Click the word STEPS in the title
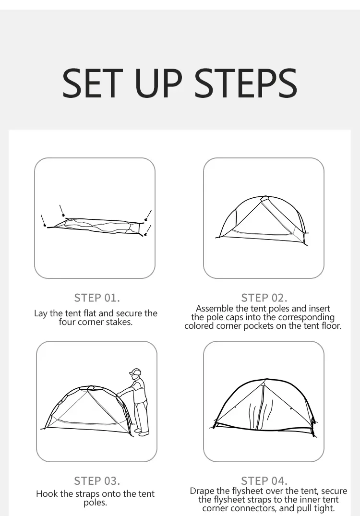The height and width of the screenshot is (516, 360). [x=246, y=83]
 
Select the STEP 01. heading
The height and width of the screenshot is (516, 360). [x=97, y=298]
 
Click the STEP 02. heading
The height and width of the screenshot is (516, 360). [x=264, y=298]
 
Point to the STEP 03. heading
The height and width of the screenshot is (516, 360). [x=97, y=481]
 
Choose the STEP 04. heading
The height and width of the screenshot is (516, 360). [x=264, y=481]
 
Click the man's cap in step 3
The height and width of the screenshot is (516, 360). [x=135, y=372]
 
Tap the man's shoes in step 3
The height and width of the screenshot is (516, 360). [x=144, y=432]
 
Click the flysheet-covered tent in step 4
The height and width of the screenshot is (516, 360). [x=263, y=408]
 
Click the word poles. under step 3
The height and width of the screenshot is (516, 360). [x=95, y=503]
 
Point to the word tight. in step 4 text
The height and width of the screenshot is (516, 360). [x=324, y=508]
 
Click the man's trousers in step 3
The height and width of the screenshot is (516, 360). [x=141, y=415]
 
